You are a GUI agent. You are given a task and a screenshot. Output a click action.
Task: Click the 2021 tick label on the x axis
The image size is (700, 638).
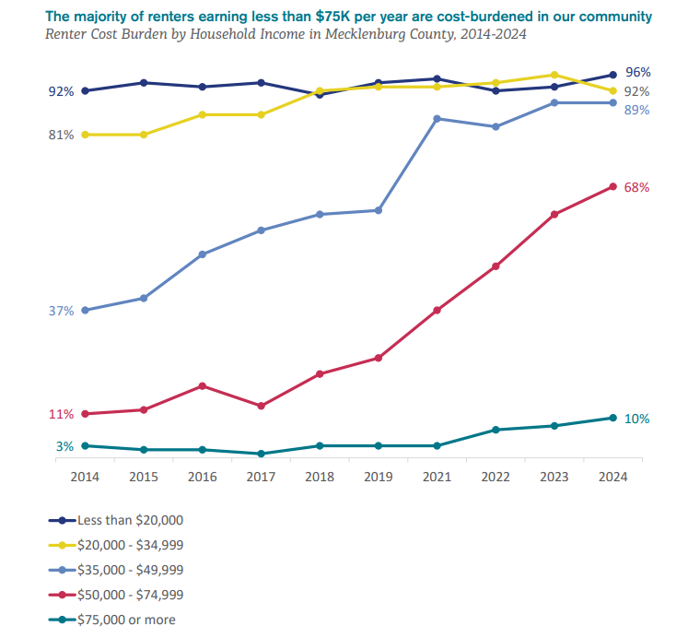tap(437, 477)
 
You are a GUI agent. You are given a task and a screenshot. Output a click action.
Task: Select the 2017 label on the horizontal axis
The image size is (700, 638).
tap(261, 477)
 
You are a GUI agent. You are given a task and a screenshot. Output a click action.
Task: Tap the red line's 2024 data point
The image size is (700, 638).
tap(612, 187)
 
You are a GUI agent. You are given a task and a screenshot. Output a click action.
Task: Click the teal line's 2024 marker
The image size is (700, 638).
tap(612, 418)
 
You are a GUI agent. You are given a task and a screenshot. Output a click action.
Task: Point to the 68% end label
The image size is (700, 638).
tap(636, 187)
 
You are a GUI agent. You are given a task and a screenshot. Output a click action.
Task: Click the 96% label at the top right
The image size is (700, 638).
tap(637, 72)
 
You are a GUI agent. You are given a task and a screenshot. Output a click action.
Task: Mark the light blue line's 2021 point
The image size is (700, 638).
tap(437, 119)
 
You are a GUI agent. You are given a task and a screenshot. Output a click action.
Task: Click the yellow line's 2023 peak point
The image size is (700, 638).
tap(554, 75)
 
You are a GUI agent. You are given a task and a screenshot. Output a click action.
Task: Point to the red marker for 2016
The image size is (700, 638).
tap(202, 385)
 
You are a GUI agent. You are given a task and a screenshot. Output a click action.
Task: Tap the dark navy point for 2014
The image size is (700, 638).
tap(85, 90)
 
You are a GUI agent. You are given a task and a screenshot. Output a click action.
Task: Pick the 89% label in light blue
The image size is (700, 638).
tap(637, 110)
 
